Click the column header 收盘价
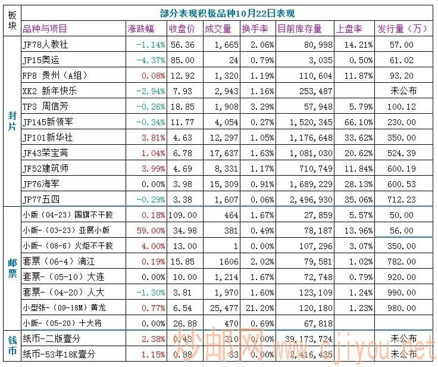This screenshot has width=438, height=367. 182,29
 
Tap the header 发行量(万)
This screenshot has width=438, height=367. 402,29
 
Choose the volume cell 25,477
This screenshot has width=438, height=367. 217,307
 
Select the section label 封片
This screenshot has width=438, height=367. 12,122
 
